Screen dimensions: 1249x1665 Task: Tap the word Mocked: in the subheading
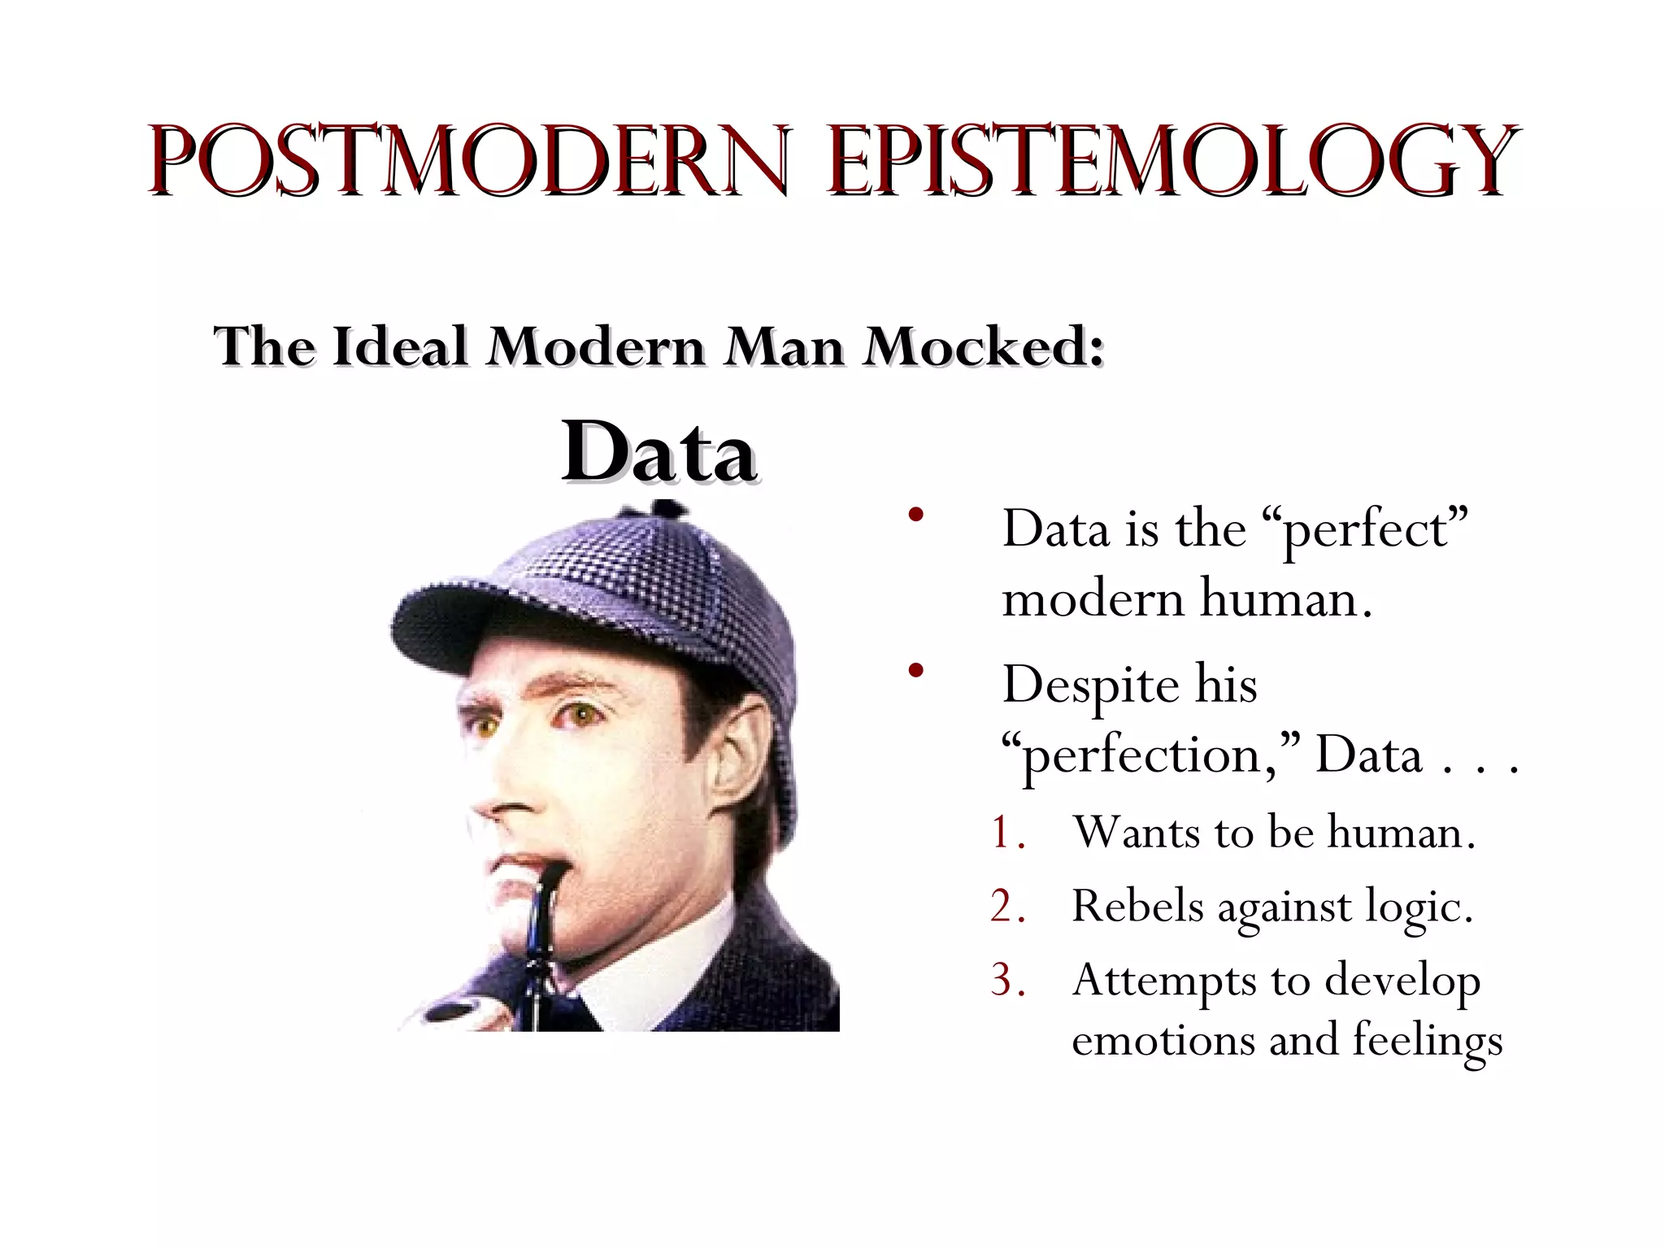tap(984, 347)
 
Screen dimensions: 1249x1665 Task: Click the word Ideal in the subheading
tap(400, 347)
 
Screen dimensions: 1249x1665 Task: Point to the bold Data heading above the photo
tap(659, 452)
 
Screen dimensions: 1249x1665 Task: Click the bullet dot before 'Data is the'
tap(917, 515)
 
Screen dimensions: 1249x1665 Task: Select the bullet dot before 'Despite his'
tap(917, 670)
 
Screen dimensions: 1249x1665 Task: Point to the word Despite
tap(1089, 685)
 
